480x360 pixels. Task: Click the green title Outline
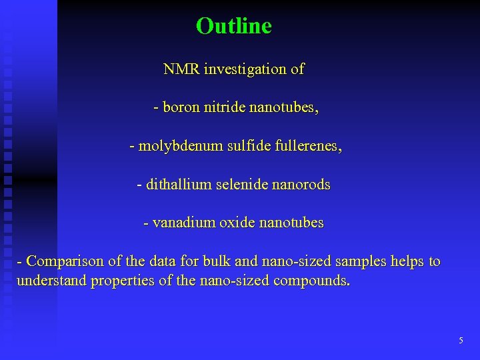[x=234, y=26]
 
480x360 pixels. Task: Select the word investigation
[x=243, y=69]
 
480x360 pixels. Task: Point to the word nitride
[x=225, y=107]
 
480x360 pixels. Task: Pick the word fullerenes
[x=307, y=146]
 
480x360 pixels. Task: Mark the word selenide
[x=244, y=184]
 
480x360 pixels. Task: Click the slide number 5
[x=461, y=341]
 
